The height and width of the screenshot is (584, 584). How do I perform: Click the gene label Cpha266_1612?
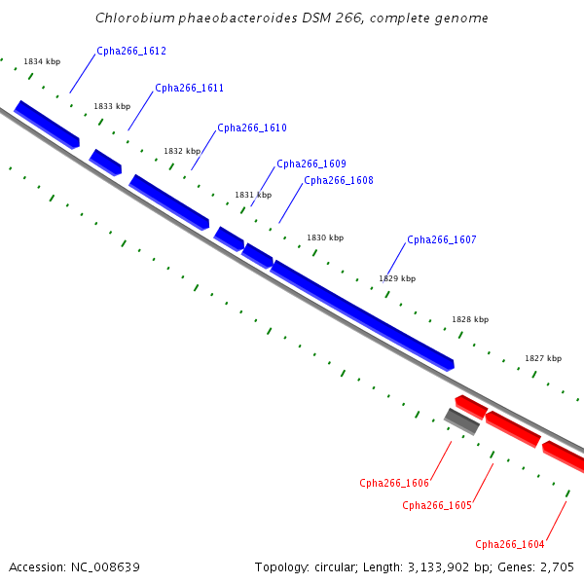coord(131,51)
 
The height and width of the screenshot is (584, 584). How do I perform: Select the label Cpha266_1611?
coord(189,88)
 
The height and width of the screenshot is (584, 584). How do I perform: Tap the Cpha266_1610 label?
coord(252,128)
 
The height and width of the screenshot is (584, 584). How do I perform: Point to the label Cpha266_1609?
coord(311,164)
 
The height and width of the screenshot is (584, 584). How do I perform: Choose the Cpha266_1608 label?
coord(339,180)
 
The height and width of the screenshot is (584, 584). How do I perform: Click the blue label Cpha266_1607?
coord(442,239)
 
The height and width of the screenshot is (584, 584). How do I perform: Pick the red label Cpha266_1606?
coord(394,483)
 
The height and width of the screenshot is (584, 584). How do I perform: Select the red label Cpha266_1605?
coord(437,505)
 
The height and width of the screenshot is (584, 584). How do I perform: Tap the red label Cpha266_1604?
coord(510,544)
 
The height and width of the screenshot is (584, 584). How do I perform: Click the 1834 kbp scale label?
coord(42,61)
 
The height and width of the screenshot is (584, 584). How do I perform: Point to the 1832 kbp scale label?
coord(182,151)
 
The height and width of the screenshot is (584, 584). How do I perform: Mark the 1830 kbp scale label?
coord(325,237)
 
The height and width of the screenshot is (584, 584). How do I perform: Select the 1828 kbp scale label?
coord(470,319)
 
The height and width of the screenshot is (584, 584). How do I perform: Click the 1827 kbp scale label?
coord(543,358)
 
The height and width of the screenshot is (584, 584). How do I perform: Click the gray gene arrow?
coord(461,421)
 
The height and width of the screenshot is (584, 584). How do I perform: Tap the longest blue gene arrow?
coord(362,315)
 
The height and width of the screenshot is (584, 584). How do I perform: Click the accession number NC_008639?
coord(105,567)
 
